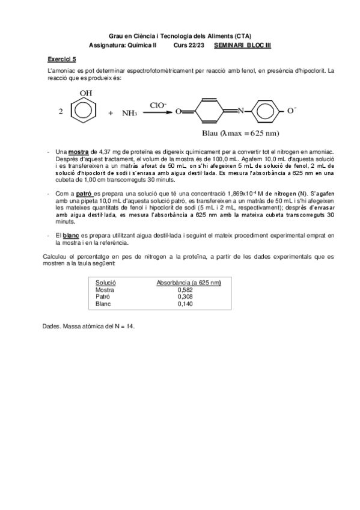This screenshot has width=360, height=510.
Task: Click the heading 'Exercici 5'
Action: tap(62, 60)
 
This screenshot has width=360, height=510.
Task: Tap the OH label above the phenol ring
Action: tap(86, 94)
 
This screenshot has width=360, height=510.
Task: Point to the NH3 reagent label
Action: tap(130, 113)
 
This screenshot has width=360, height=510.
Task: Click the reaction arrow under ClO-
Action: tap(158, 111)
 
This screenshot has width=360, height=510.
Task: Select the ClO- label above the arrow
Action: tap(159, 103)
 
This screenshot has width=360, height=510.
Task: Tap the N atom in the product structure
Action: tap(240, 111)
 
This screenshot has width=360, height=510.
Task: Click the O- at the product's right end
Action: tap(291, 111)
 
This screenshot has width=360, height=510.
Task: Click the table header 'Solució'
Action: tap(106, 282)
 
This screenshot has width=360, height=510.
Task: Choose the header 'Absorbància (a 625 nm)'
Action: tap(189, 282)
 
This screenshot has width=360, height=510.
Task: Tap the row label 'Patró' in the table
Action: tap(103, 296)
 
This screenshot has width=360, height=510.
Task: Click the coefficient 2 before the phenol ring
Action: tap(61, 112)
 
